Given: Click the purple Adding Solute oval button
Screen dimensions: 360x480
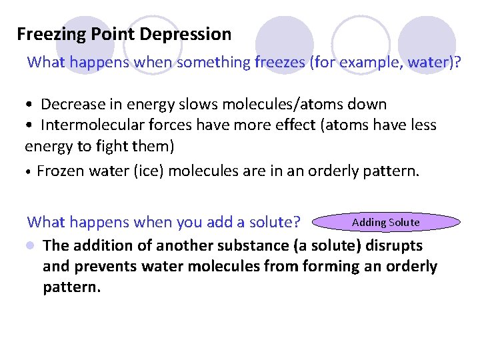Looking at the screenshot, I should (x=385, y=222).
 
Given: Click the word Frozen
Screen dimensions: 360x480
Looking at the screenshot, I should (x=59, y=171).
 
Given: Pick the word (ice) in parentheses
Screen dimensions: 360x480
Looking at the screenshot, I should (x=149, y=171).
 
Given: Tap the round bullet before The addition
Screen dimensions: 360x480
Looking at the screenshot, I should (x=30, y=245).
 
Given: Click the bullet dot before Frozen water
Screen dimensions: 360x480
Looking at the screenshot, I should (x=28, y=172).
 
